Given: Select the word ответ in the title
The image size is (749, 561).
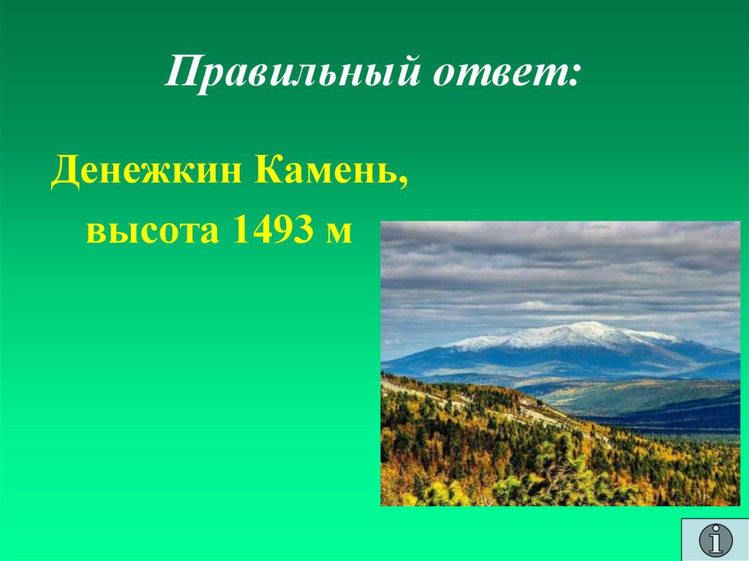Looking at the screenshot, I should (x=497, y=75).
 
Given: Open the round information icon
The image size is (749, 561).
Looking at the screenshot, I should (x=715, y=540).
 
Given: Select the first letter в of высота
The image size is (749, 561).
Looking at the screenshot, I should (x=95, y=233).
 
